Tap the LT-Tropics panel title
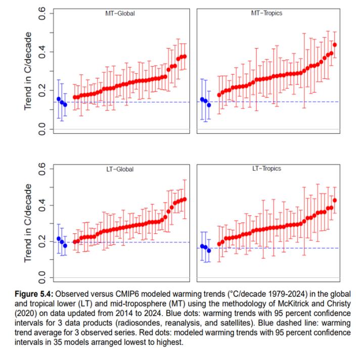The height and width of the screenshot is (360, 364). [266, 168]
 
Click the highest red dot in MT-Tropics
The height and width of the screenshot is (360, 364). [335, 45]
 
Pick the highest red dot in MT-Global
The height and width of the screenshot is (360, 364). [185, 57]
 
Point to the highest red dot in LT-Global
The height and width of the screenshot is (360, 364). [185, 199]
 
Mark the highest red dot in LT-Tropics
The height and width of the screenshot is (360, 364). [335, 200]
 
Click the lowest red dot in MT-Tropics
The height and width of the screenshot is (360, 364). [219, 95]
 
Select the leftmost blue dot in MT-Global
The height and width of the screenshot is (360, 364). [59, 99]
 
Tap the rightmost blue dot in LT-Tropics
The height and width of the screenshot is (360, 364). [209, 250]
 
